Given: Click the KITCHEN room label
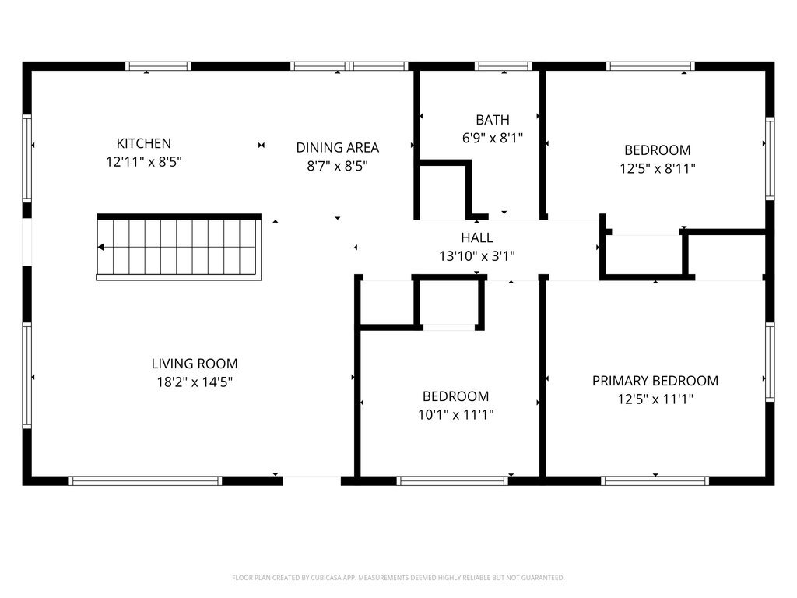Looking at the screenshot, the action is [144, 143].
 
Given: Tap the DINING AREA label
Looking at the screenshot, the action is [338, 147].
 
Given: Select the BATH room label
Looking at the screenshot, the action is [493, 120].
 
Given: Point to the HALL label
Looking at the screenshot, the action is [477, 237].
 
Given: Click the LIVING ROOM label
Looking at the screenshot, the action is [195, 364].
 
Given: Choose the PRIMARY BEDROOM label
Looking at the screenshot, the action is [655, 381].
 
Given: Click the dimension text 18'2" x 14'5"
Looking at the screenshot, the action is [195, 382].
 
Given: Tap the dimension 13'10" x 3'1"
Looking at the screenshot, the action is [477, 255].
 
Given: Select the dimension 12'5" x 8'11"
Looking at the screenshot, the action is [657, 168].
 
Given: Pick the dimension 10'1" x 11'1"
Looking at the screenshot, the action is [455, 414].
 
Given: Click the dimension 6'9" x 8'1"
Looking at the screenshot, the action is [493, 138].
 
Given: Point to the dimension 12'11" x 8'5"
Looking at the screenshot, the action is [144, 162].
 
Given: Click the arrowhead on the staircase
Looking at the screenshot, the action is [101, 247].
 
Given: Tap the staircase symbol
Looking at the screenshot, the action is [179, 247].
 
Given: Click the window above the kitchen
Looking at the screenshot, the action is [158, 66].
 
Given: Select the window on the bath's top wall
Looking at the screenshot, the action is [504, 66].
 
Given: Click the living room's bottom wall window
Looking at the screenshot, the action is [146, 480].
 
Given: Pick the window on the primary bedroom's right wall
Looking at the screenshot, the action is [770, 362].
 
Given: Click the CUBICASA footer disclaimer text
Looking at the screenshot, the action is [398, 578].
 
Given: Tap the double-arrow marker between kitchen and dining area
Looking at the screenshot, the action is [262, 146].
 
